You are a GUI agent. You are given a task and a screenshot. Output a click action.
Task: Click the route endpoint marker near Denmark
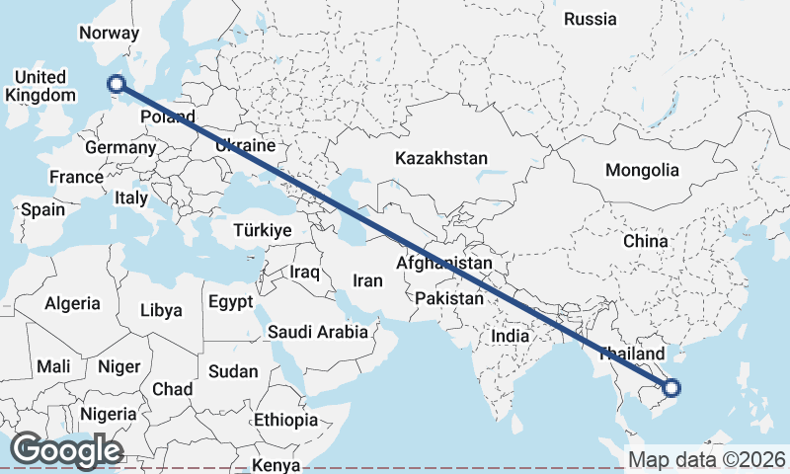tap(117, 86)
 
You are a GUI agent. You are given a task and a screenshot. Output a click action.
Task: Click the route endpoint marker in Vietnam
tap(671, 389)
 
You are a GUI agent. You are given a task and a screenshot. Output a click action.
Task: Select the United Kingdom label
tap(40, 86)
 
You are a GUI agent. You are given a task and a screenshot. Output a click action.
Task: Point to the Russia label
tap(590, 19)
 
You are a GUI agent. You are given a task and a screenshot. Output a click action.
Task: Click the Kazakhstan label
tap(441, 158)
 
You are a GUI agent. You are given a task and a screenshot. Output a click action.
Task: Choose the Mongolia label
tap(643, 170)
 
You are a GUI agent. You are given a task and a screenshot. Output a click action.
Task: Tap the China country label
tap(645, 241)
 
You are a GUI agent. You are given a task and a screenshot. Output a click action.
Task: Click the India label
tap(511, 336)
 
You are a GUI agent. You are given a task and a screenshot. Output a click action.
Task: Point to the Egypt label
tap(230, 301)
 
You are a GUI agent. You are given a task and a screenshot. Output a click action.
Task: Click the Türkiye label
tap(262, 230)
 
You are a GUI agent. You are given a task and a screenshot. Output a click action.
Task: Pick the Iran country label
tap(367, 280)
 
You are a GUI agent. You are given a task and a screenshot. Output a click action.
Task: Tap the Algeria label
tap(72, 303)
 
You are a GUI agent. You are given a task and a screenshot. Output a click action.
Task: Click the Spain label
tap(42, 209)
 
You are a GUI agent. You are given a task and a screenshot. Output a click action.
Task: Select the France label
tap(76, 178)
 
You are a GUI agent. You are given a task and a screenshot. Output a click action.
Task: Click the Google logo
tap(66, 450)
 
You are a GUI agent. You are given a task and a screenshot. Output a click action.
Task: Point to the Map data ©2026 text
tap(706, 460)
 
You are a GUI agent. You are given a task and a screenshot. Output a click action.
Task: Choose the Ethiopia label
tap(286, 420)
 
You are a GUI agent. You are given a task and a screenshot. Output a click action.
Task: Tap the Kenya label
tap(276, 465)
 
